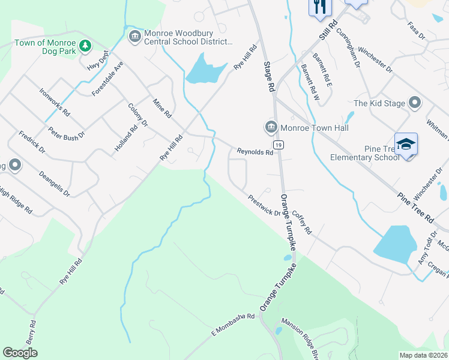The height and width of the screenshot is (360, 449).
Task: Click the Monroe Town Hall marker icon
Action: pyautogui.click(x=271, y=127)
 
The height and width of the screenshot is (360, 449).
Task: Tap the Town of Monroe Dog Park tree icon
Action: pyautogui.click(x=86, y=46)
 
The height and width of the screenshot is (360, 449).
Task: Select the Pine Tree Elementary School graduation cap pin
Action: pyautogui.click(x=406, y=145)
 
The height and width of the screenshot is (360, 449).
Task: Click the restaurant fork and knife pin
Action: pyautogui.click(x=319, y=6)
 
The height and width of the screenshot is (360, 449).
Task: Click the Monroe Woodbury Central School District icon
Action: pyautogui.click(x=134, y=37)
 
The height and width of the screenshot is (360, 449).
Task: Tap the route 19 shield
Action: pyautogui.click(x=278, y=145)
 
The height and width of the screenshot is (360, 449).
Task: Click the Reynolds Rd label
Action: pyautogui.click(x=255, y=152)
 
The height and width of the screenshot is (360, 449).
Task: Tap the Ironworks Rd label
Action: pyautogui.click(x=55, y=102)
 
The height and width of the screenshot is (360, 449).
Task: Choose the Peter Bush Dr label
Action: pyautogui.click(x=67, y=133)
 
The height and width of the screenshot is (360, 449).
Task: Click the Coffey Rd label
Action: pyautogui.click(x=302, y=222)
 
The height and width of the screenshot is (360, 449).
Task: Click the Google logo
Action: pyautogui.click(x=20, y=353)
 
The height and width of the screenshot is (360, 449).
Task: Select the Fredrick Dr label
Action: pyautogui.click(x=32, y=142)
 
